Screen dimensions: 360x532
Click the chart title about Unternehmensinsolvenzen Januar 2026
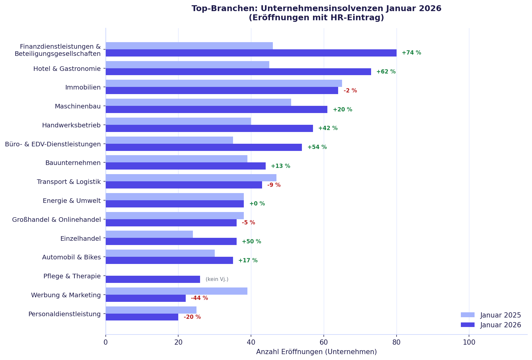(x=316, y=13)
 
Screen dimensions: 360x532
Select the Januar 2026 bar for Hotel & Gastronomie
(x=238, y=72)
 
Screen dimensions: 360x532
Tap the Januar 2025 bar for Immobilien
(x=224, y=83)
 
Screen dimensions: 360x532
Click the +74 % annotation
(x=411, y=53)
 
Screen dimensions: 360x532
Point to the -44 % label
(x=199, y=298)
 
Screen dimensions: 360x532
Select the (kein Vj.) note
(x=217, y=279)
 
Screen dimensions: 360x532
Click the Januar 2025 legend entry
(x=491, y=315)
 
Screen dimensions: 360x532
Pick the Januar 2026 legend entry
(x=491, y=325)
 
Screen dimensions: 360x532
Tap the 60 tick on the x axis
(x=324, y=342)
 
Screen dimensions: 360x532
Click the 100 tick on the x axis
(x=469, y=342)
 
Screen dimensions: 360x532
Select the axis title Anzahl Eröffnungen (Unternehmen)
(x=316, y=352)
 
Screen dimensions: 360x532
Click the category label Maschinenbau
(x=78, y=106)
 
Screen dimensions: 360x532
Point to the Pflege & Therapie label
(x=72, y=276)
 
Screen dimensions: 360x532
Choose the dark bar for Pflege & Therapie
(x=153, y=279)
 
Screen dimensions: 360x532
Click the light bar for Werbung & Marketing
(x=176, y=291)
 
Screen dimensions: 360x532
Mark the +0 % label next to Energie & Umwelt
(x=257, y=204)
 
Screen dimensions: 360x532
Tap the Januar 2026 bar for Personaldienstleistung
(x=142, y=317)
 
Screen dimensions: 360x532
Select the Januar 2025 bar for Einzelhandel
(x=149, y=234)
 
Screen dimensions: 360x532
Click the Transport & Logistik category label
(x=69, y=182)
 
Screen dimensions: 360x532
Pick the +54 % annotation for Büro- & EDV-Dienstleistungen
(x=317, y=147)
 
